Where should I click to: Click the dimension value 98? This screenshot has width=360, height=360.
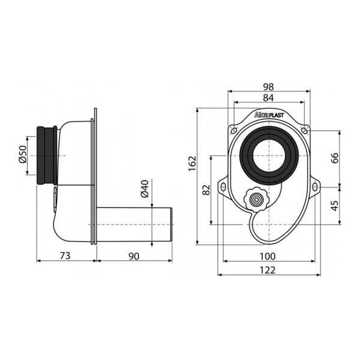point(268,87)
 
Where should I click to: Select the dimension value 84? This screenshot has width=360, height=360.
point(268,98)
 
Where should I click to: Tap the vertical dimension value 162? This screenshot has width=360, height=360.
point(192,163)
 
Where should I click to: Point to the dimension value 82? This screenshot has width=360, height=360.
point(206,190)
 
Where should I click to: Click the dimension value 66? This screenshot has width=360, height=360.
point(335,158)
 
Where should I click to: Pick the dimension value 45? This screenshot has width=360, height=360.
point(335,206)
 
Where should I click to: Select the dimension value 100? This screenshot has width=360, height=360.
point(268,256)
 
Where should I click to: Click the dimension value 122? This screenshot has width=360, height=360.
point(268,270)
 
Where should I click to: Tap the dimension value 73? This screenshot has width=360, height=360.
point(65,256)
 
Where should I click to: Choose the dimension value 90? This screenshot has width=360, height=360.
point(134,256)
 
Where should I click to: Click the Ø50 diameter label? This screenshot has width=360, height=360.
point(23,154)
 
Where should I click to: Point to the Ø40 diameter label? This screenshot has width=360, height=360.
point(145,189)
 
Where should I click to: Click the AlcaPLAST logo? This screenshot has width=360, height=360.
point(269,115)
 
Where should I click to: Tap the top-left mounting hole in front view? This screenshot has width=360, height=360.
point(234,131)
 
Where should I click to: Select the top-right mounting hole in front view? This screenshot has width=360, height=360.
point(304,131)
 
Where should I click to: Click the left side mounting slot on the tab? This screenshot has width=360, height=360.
point(223,187)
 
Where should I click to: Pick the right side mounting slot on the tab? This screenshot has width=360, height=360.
point(315,187)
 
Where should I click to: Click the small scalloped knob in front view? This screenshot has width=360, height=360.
point(256,199)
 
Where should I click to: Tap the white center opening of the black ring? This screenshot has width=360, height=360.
point(269,156)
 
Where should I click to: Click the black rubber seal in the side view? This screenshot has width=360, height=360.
point(47,155)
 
